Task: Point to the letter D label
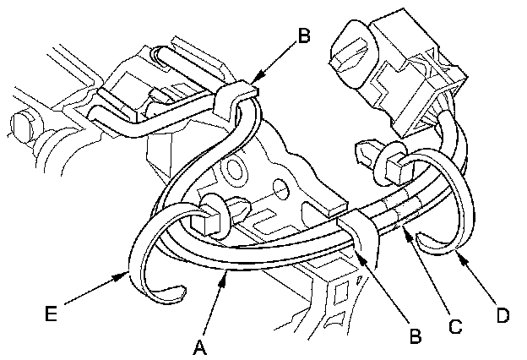pos(502,316)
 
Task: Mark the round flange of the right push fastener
pos(394,163)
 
